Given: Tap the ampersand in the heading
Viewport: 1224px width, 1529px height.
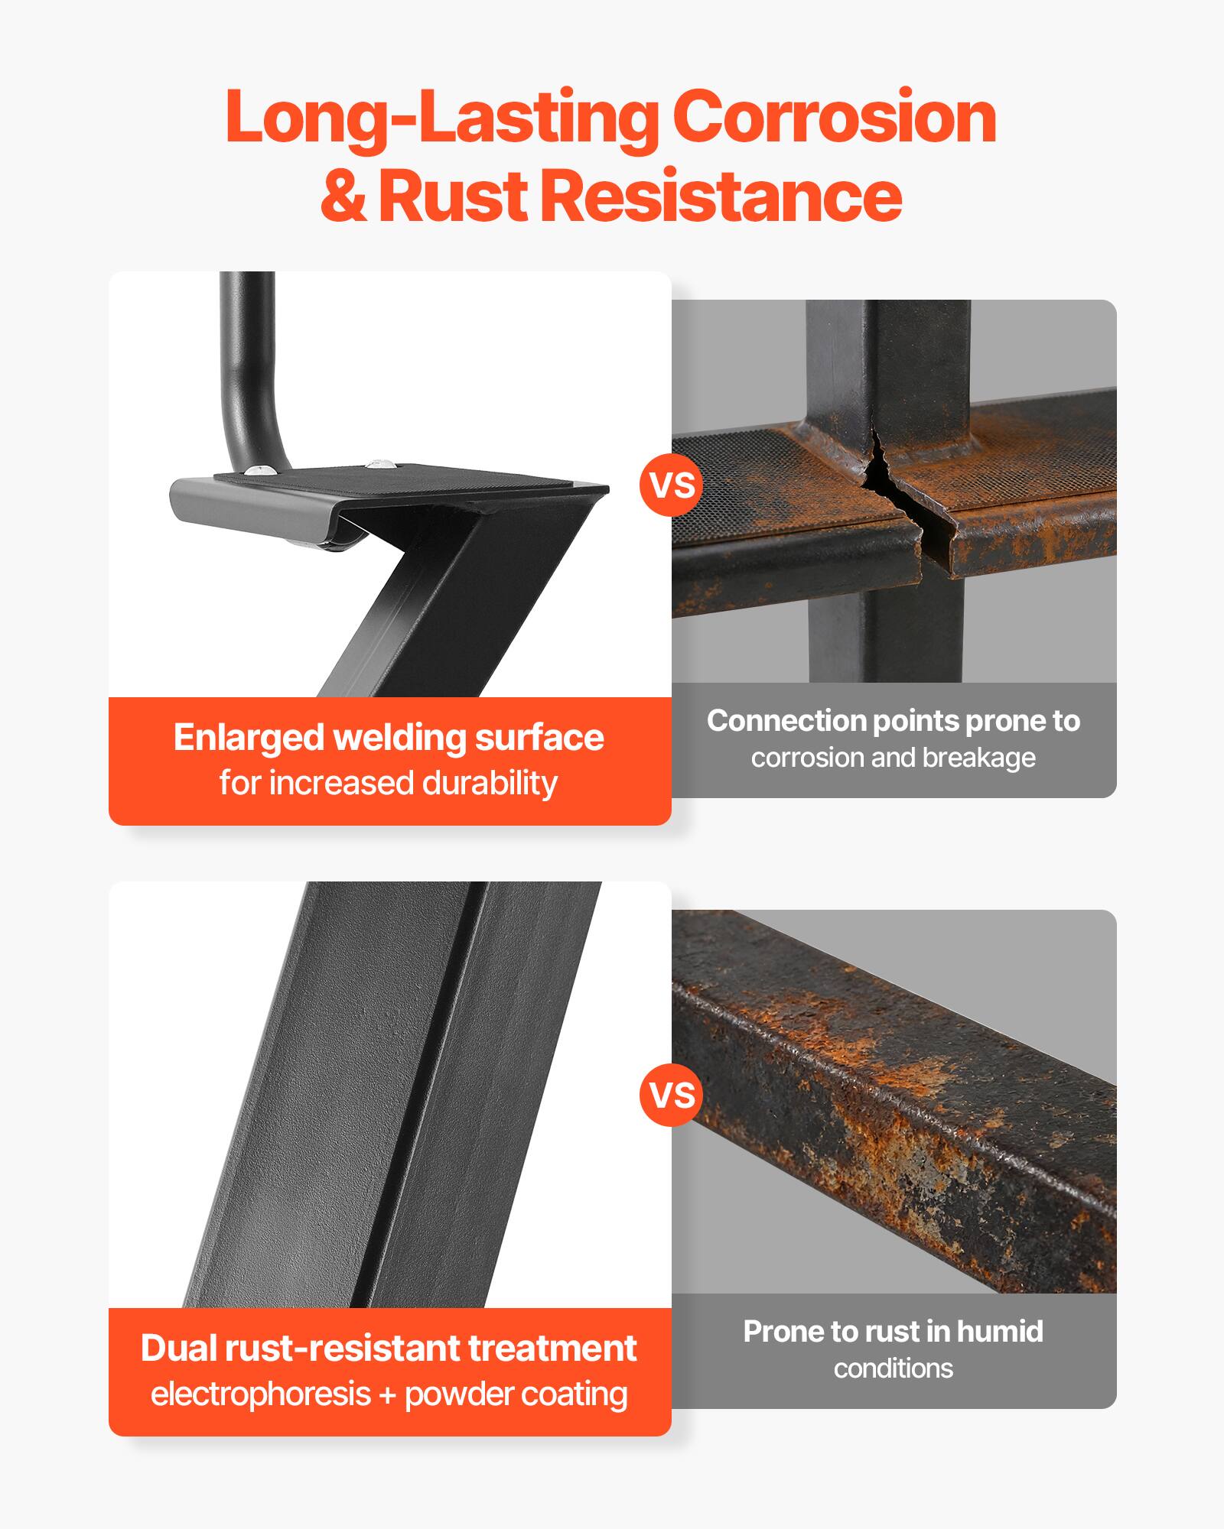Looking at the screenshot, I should pyautogui.click(x=343, y=196).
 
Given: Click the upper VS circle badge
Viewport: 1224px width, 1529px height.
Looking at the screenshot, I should pyautogui.click(x=672, y=485).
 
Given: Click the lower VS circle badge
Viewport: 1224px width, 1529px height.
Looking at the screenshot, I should pyautogui.click(x=672, y=1095).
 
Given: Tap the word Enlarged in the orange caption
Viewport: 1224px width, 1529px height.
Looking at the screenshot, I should pyautogui.click(x=248, y=738).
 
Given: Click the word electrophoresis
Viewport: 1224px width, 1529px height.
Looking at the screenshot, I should pyautogui.click(x=260, y=1394).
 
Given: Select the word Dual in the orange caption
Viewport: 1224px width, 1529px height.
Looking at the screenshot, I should pyautogui.click(x=177, y=1349).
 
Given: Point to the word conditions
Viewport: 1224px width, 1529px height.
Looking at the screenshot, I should pyautogui.click(x=893, y=1368).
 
